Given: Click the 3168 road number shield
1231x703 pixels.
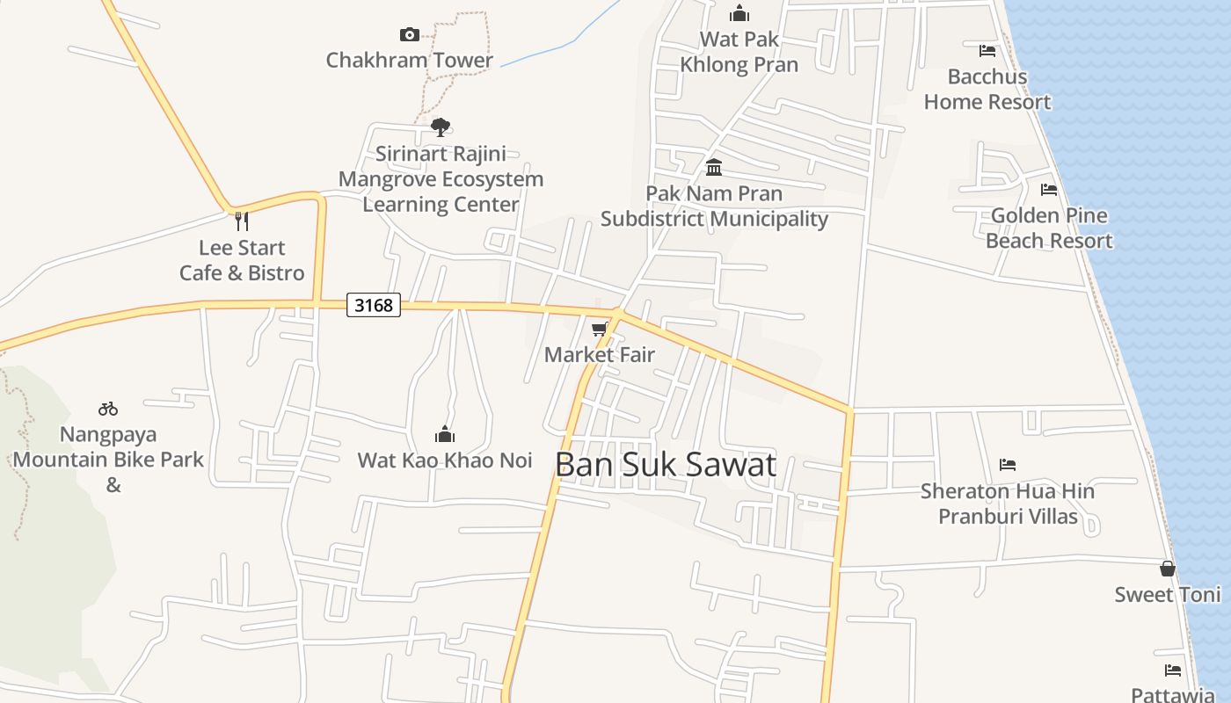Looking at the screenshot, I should (x=374, y=305).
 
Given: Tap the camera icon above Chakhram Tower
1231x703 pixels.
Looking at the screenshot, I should (x=409, y=35).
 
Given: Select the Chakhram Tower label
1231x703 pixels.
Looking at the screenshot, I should (x=409, y=60).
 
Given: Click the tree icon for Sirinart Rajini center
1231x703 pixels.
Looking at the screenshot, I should (x=441, y=127).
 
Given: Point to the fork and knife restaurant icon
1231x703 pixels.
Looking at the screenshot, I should (x=242, y=221).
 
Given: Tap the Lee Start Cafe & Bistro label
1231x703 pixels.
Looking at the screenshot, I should (x=242, y=260).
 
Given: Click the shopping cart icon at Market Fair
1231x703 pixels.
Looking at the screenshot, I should (x=600, y=330).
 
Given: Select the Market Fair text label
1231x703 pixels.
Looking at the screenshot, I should (x=600, y=355).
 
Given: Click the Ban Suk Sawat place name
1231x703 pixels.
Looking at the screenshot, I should (x=666, y=465).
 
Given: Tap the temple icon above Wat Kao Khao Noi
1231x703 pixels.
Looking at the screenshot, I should (x=445, y=434).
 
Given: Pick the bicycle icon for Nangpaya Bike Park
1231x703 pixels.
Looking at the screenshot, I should (x=108, y=409).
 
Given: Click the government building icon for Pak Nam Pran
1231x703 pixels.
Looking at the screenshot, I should (x=714, y=167).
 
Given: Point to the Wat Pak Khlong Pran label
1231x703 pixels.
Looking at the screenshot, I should (x=739, y=52).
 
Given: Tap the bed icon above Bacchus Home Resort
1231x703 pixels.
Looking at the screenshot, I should (x=987, y=51).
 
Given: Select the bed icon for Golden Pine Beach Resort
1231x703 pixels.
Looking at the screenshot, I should (x=1049, y=190).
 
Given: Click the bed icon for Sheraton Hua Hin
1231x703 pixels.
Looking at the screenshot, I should (x=1008, y=465).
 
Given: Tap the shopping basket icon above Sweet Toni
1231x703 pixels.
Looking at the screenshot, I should (x=1168, y=569).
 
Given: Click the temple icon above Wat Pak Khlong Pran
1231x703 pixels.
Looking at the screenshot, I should (x=739, y=13).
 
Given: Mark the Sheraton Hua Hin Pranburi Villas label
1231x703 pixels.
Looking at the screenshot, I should (x=1008, y=504).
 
